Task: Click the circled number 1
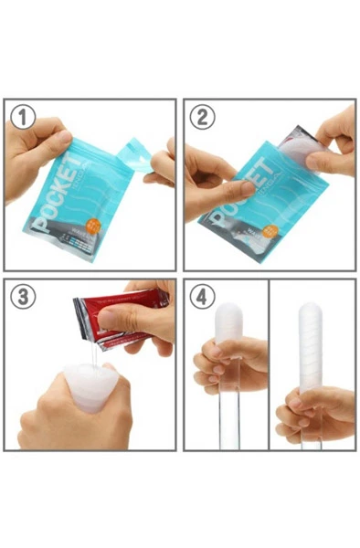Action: click(x=24, y=116)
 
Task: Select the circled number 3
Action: click(x=24, y=297)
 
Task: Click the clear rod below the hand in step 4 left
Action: click(x=221, y=420)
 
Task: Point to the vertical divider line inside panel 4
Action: click(x=269, y=365)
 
